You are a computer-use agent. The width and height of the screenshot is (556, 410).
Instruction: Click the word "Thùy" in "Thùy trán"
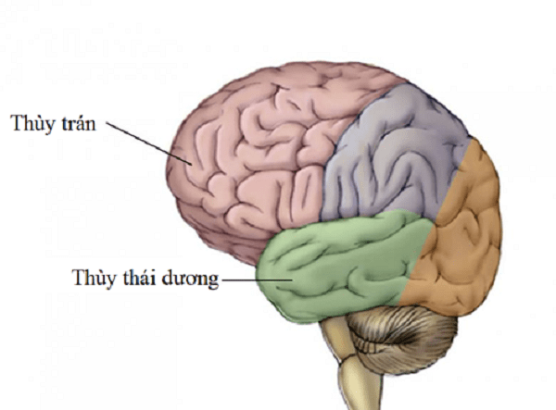click(30, 123)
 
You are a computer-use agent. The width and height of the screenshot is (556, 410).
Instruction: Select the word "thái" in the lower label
click(140, 278)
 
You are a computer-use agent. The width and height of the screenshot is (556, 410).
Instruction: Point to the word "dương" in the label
click(190, 280)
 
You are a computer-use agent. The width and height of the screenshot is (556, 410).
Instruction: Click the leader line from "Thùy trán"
click(149, 143)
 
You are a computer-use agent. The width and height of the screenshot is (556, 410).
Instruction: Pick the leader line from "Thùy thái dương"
click(257, 280)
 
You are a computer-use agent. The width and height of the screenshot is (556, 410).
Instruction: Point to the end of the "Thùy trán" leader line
click(192, 165)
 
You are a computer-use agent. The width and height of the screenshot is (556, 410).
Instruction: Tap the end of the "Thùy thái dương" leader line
click(292, 280)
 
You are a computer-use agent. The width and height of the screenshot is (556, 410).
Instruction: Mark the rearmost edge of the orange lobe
click(501, 227)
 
